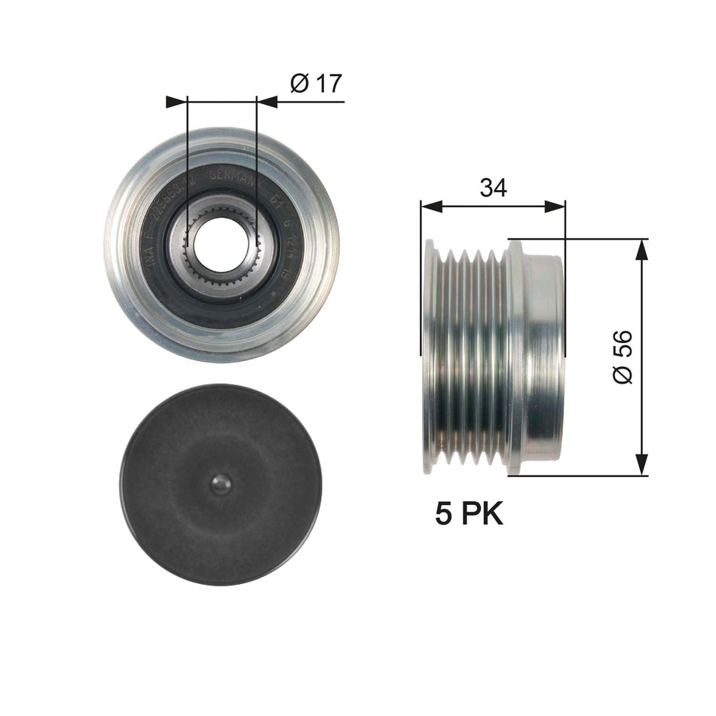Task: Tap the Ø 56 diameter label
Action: click(x=624, y=356)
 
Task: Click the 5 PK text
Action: click(x=468, y=515)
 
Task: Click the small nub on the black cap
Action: click(x=219, y=484)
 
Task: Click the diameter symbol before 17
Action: click(x=298, y=84)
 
